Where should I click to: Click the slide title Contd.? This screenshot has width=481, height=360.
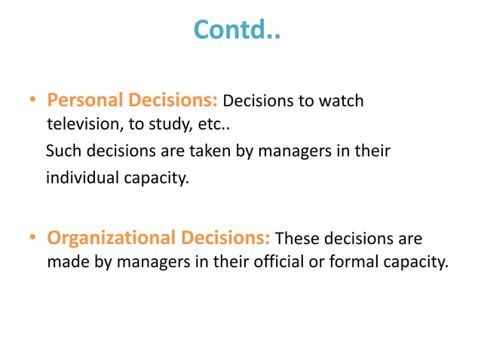click(x=236, y=29)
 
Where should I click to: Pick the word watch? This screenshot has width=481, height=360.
click(x=343, y=101)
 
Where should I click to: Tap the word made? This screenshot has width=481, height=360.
click(x=66, y=263)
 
